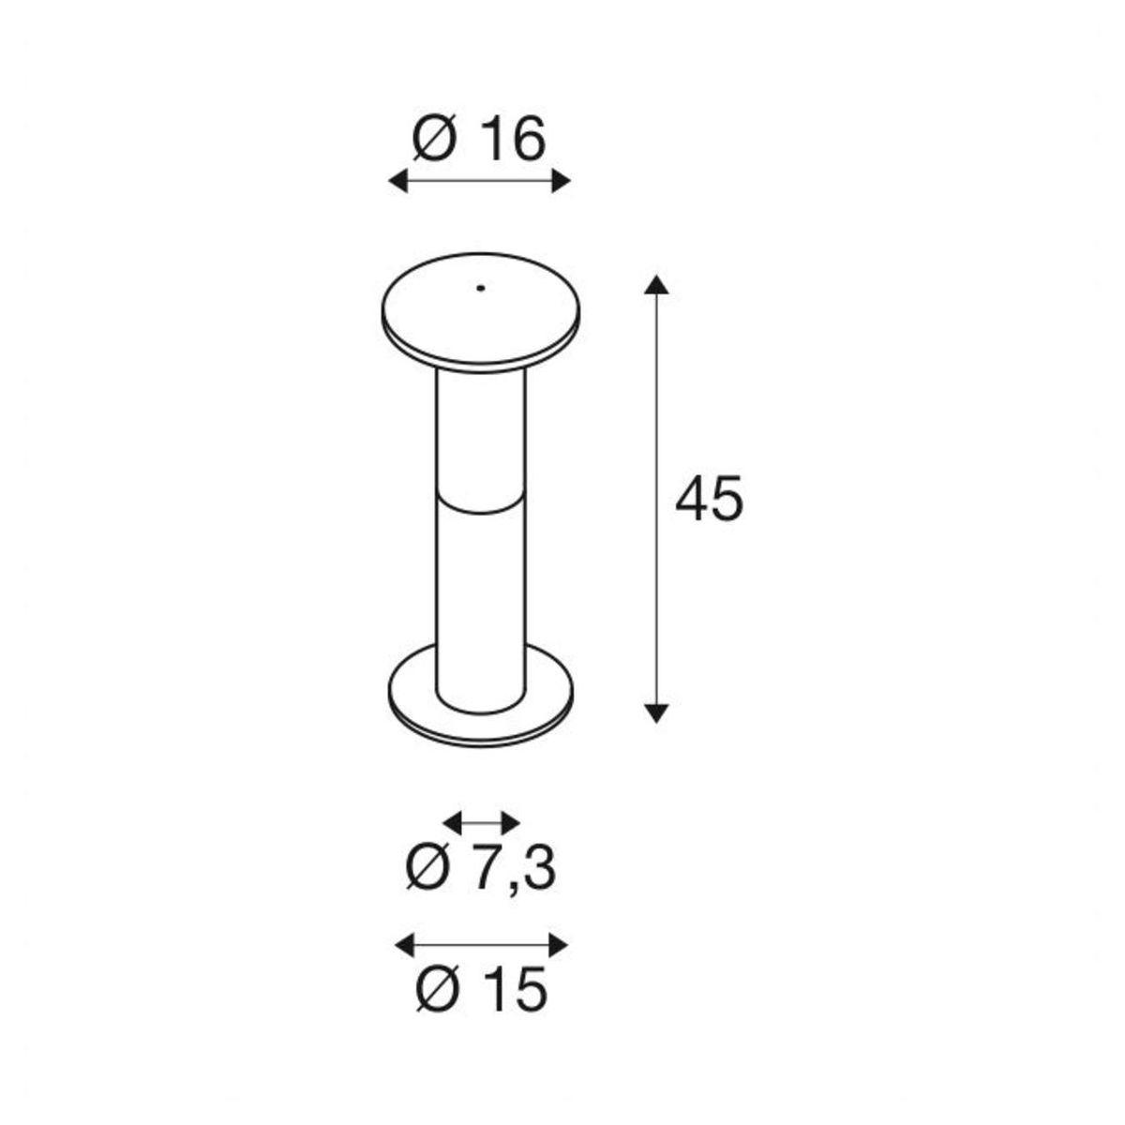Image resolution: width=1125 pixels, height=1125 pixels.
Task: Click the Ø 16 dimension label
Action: coord(478,140)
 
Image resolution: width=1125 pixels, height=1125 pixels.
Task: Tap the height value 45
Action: coord(710,498)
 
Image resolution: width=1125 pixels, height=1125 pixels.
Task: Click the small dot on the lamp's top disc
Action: coord(481,288)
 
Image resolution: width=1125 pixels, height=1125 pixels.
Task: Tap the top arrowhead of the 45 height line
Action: coord(657,285)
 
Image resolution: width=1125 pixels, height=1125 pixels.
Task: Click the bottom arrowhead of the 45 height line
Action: coord(657,712)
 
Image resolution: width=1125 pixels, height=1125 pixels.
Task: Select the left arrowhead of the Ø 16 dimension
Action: coord(398,181)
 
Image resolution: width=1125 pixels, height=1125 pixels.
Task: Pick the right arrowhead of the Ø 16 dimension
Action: coord(561,181)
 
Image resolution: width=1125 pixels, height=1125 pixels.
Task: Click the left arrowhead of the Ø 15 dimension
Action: coord(405,945)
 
